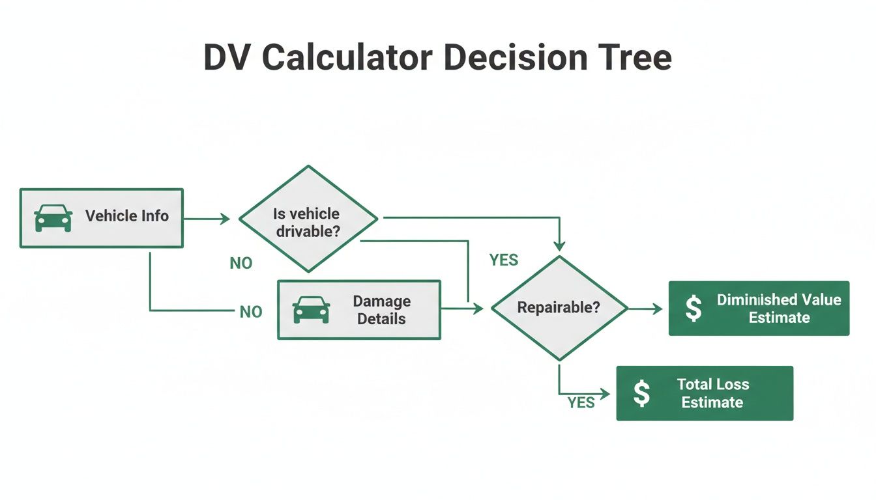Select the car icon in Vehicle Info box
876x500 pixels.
53,217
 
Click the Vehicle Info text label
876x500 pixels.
127,216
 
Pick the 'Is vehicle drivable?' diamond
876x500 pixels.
308,219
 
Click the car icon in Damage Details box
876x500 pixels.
312,310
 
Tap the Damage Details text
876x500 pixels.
381,310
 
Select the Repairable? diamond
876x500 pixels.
559,308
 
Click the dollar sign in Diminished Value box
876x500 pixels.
694,309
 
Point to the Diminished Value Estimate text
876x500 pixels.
779,309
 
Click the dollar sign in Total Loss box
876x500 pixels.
642,393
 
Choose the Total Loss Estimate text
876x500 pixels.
712,393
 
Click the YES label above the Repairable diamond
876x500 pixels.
504,260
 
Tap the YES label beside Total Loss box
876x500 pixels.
581,403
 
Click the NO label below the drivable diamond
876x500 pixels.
241,264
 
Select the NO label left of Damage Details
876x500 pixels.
251,312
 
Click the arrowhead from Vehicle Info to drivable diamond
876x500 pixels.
225,219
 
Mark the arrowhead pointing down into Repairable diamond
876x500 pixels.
559,246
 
